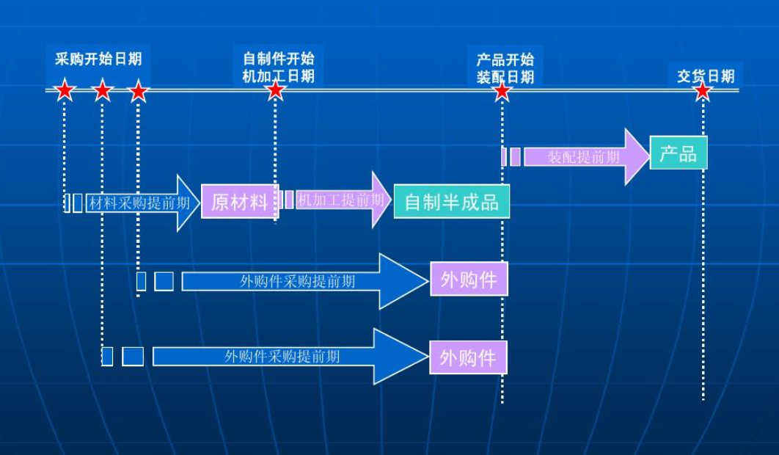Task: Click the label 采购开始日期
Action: (x=98, y=59)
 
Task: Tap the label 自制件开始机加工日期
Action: (x=278, y=67)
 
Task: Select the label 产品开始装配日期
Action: (x=505, y=68)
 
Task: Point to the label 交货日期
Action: (x=705, y=76)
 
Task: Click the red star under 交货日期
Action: (x=703, y=91)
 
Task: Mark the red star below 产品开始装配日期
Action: (x=502, y=91)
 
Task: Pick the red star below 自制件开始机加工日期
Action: (x=275, y=90)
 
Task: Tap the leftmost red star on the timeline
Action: (x=65, y=91)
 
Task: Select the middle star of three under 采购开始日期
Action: (x=102, y=91)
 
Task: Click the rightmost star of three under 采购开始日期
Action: (x=138, y=92)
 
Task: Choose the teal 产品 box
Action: (x=678, y=153)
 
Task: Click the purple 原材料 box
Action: (x=239, y=202)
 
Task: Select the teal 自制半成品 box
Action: (x=451, y=202)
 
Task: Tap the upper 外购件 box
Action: (x=468, y=280)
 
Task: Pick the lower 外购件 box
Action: (x=468, y=357)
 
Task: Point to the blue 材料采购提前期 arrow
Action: (x=139, y=203)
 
